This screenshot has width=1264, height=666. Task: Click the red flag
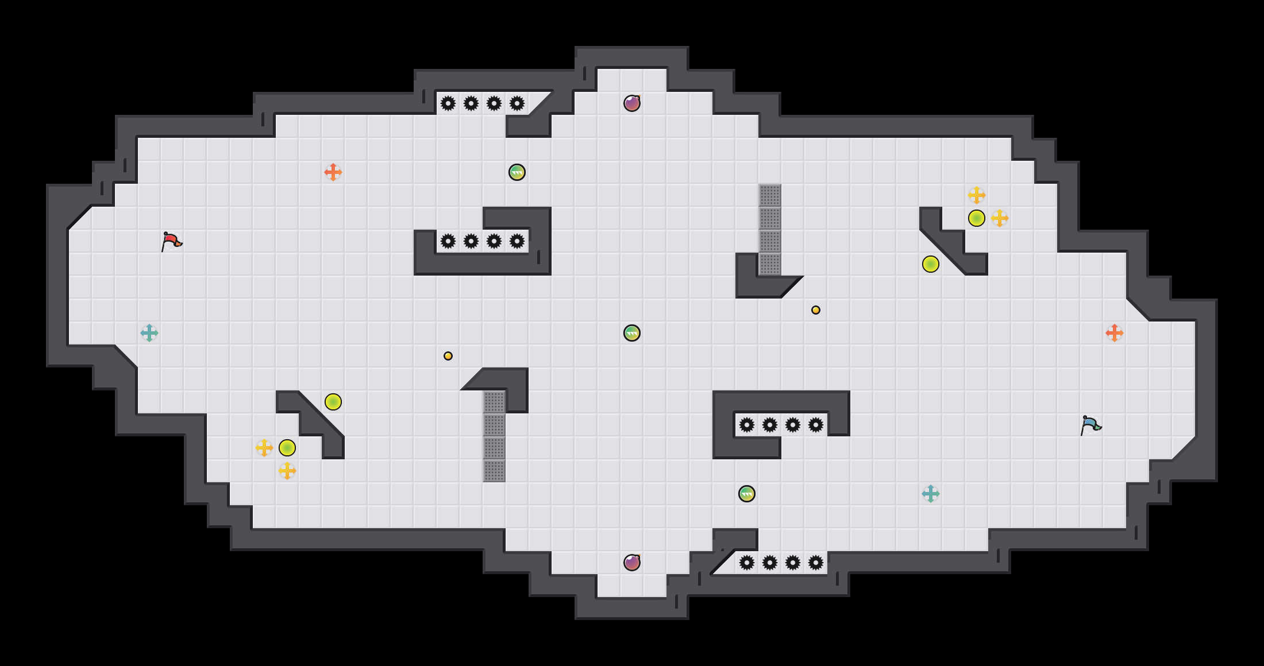coord(171,242)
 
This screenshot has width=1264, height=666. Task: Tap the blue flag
coord(1090,425)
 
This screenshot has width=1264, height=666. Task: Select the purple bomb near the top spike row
coord(632,103)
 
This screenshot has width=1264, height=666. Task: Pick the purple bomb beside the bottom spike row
coord(632,563)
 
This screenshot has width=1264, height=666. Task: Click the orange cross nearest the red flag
coord(333,172)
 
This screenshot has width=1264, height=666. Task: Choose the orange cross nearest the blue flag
coord(1115,333)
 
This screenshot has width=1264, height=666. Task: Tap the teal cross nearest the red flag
coord(149,333)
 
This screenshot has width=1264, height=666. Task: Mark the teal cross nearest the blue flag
coord(931,494)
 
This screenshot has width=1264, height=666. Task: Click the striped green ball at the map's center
coord(632,333)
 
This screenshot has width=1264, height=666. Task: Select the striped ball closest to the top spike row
coord(517,172)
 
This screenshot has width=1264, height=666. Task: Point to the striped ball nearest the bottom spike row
coord(747,494)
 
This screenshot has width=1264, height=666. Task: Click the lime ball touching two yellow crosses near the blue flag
coord(977,218)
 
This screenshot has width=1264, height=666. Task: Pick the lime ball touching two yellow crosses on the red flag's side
coord(287,448)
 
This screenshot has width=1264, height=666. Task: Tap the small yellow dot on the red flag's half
coord(448,356)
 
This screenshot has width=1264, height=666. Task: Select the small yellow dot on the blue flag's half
coord(816,310)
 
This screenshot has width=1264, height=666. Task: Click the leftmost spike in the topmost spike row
coord(448,103)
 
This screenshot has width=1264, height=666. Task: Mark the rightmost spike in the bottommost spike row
coord(816,563)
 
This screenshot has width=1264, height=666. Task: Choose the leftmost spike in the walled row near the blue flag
coord(747,425)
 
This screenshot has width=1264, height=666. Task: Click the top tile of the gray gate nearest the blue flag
coord(770,195)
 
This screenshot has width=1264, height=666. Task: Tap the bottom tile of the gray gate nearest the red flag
coord(494,471)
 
